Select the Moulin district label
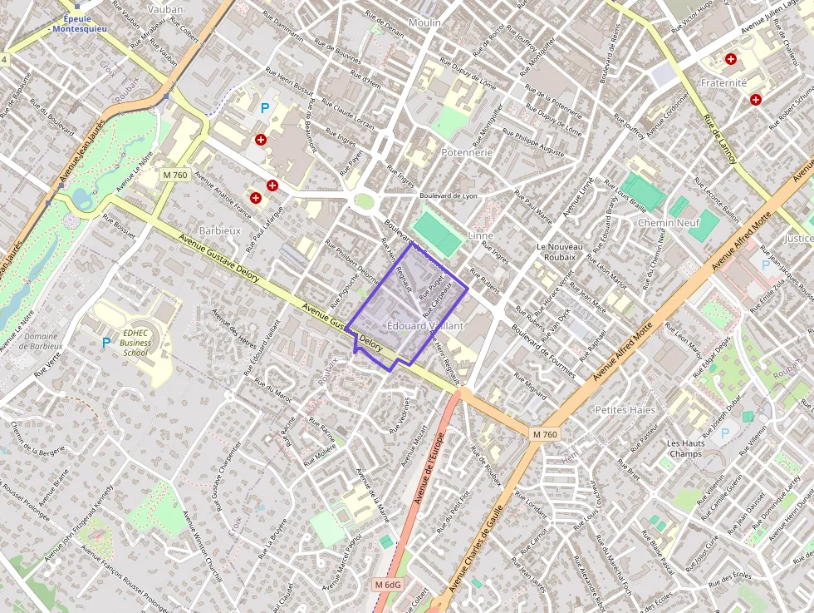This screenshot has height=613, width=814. pos(424,22)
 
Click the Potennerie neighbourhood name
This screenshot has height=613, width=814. pos(467,152)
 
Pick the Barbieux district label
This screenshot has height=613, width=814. pos(219,230)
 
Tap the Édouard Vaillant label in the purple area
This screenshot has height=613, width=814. pos(425,326)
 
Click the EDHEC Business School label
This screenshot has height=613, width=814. pos(135,342)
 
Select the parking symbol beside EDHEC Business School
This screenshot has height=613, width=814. pos(106,342)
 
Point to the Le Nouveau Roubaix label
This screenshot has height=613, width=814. pos(560,252)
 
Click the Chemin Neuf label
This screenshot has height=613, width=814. pos(668,223)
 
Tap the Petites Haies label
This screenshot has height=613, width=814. pos(625,409)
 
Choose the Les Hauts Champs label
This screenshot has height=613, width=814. pos(685,448)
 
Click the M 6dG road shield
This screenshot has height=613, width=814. pos(388,585)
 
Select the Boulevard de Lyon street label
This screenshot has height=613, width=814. pos(449,195)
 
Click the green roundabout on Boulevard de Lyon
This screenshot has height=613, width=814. pos(364,200)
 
